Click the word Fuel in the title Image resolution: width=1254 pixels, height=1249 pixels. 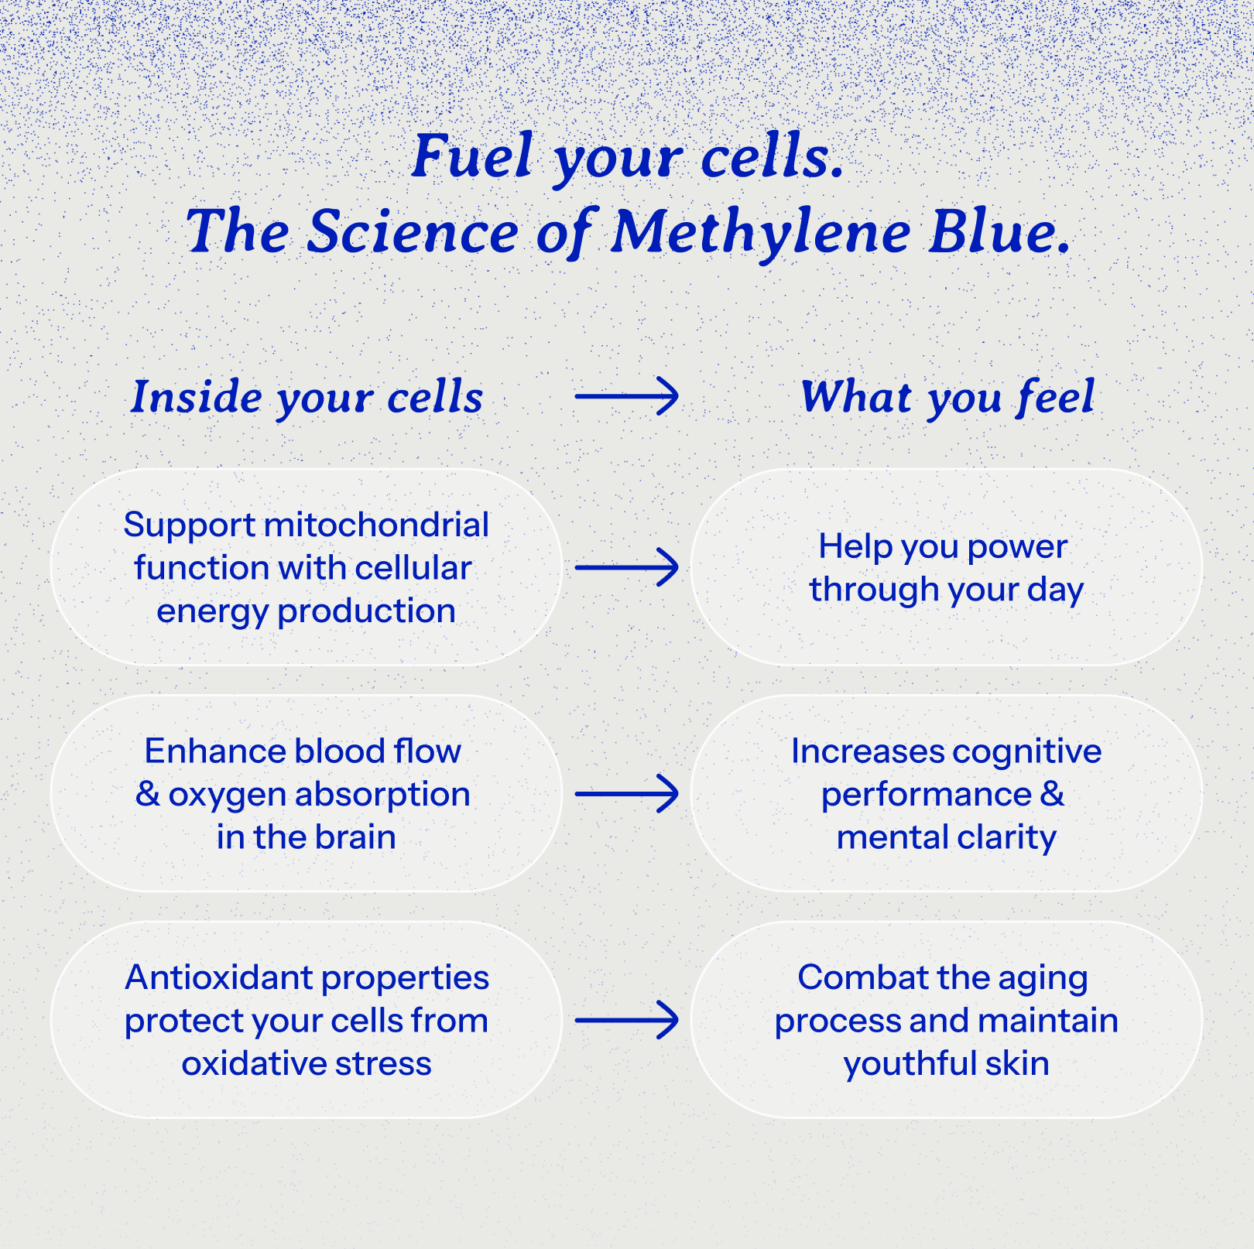click(x=471, y=156)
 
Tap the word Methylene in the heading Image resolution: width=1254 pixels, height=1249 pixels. click(x=761, y=232)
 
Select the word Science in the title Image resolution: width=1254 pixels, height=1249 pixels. click(x=413, y=232)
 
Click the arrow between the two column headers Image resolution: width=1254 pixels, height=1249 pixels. click(x=626, y=396)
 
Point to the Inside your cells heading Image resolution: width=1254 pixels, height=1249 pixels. click(x=307, y=397)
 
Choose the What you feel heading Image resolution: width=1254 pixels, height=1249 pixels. click(x=947, y=397)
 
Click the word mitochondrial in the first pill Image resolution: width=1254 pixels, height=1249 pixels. click(x=376, y=525)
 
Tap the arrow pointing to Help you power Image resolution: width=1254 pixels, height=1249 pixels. click(x=626, y=568)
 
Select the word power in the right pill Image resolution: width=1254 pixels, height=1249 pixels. click(x=1017, y=546)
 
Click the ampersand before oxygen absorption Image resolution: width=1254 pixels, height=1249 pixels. click(x=147, y=794)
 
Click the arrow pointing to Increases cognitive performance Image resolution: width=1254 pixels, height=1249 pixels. click(x=626, y=794)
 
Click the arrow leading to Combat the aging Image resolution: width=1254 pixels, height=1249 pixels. click(x=626, y=1020)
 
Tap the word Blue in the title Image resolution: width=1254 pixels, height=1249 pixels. click(x=999, y=232)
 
